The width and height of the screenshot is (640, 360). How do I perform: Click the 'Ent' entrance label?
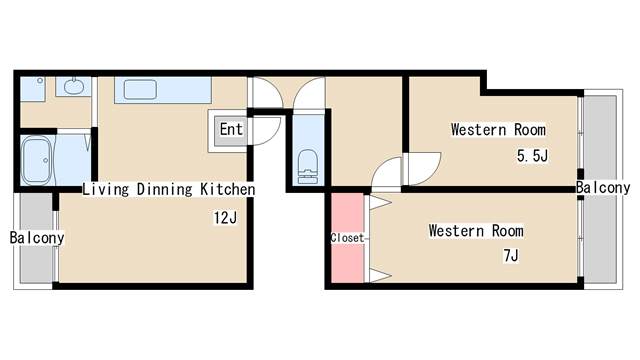[231, 129]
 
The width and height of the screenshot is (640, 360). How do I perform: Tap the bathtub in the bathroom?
[37, 161]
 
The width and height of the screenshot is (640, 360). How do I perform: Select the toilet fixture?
[308, 167]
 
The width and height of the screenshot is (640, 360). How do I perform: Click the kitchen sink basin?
[140, 89]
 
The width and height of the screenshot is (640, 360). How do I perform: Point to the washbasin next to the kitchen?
[73, 86]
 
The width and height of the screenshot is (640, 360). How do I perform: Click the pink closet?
[347, 238]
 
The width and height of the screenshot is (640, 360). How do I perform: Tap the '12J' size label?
[225, 218]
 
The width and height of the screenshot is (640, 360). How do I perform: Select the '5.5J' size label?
[532, 156]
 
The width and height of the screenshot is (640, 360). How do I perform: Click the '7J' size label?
[511, 256]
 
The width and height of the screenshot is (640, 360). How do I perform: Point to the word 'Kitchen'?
[227, 189]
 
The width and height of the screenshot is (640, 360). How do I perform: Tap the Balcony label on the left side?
[37, 238]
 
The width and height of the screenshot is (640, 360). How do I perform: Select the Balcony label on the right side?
[603, 188]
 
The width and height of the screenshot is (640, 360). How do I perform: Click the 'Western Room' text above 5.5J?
[498, 130]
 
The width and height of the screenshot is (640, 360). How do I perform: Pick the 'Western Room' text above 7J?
[476, 231]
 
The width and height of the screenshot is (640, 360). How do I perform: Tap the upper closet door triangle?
[380, 202]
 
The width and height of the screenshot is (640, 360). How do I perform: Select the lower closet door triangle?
[380, 276]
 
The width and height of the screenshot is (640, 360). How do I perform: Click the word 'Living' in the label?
[106, 189]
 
